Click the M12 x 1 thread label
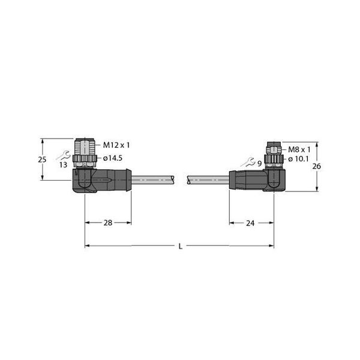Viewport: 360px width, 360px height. tap(116, 145)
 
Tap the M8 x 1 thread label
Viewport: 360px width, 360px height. tap(299, 149)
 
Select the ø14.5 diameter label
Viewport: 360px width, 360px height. tap(113, 158)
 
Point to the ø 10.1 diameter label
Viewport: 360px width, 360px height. tap(298, 159)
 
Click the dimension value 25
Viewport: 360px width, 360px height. tap(42, 160)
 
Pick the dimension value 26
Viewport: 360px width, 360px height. tap(316, 166)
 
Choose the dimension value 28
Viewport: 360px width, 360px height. tap(108, 223)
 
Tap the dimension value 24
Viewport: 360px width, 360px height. tap(250, 223)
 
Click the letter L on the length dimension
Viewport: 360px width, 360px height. tap(181, 247)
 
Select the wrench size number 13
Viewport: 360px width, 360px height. tap(63, 164)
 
